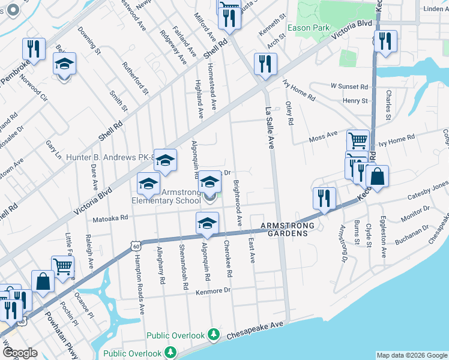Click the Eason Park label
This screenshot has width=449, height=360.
pos(308,28)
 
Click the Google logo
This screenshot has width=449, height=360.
pos(20,352)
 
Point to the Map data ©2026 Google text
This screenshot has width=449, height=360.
pos(411,355)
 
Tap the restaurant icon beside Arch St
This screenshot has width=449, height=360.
pos(265,64)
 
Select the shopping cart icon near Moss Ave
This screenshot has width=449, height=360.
pos(358,141)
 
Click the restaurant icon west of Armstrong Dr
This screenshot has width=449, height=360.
pos(324,198)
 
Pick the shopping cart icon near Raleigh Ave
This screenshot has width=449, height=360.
pos(62,266)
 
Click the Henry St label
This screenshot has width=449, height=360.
pos(355,101)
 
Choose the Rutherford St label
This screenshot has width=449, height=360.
pos(135,79)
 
